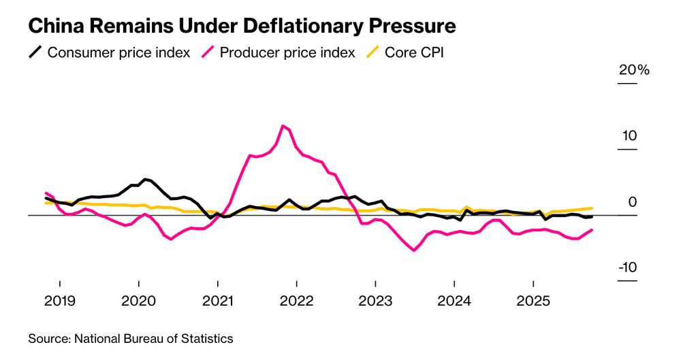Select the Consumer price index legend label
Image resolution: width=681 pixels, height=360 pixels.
(x=118, y=52)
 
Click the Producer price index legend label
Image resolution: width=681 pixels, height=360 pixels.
(x=287, y=52)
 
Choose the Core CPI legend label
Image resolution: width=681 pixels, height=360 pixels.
(x=414, y=52)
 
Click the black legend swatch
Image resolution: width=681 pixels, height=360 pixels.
(x=35, y=52)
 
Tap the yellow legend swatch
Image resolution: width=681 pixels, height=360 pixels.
(x=373, y=52)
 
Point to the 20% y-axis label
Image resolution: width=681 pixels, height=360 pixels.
(x=634, y=71)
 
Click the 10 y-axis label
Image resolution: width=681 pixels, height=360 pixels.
(x=628, y=136)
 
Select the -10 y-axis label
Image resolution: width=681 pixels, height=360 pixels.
(x=627, y=267)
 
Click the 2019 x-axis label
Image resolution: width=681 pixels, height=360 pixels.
(x=60, y=301)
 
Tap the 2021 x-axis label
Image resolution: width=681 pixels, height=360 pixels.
(x=217, y=301)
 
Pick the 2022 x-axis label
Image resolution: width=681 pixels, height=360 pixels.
(x=296, y=301)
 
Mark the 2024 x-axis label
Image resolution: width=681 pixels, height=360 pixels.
(x=454, y=301)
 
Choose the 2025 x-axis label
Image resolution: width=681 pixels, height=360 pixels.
(x=533, y=301)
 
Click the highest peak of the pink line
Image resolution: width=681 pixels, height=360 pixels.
(x=283, y=125)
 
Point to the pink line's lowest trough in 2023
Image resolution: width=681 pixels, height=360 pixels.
(x=414, y=250)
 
